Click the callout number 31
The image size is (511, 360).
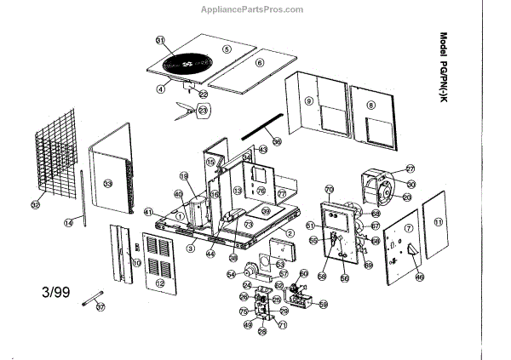(159, 40)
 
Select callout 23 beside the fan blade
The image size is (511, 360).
(203, 110)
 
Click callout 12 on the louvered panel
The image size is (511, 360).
(160, 283)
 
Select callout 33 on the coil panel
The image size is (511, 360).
(108, 183)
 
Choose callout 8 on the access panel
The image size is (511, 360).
(371, 106)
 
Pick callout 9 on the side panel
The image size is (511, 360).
(309, 100)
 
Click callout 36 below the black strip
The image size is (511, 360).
(276, 141)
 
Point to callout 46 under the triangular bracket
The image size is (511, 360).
(418, 277)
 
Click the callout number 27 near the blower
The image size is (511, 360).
(410, 169)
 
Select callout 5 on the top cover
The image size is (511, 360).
(227, 49)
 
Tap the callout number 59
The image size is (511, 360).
(323, 304)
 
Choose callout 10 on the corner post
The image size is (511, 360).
(136, 264)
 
